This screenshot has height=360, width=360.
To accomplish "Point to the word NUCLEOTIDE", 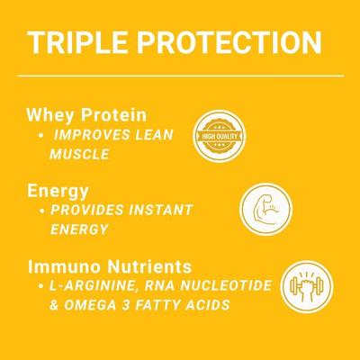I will click(x=224, y=285).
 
